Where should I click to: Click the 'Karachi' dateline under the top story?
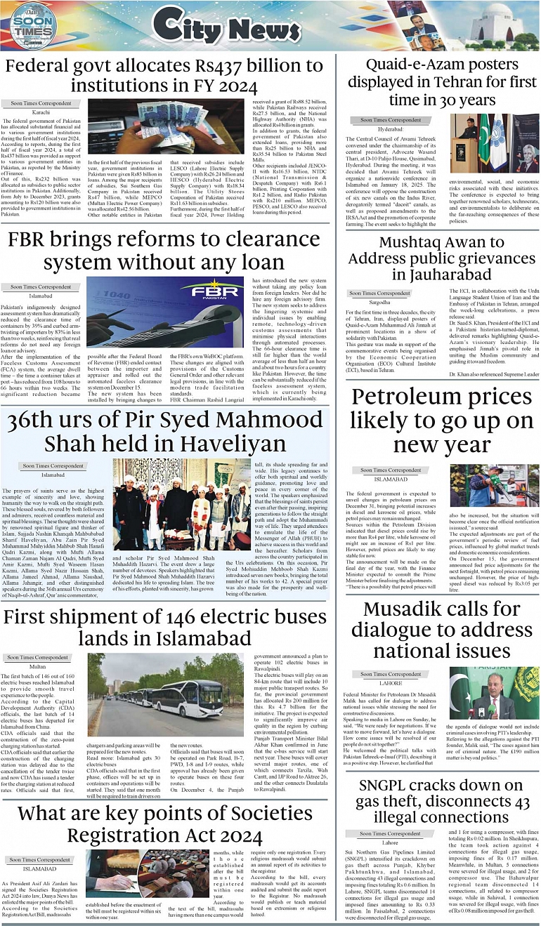(x=41, y=112)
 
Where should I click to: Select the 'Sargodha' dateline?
(x=380, y=303)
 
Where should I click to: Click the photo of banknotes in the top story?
(x=164, y=132)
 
